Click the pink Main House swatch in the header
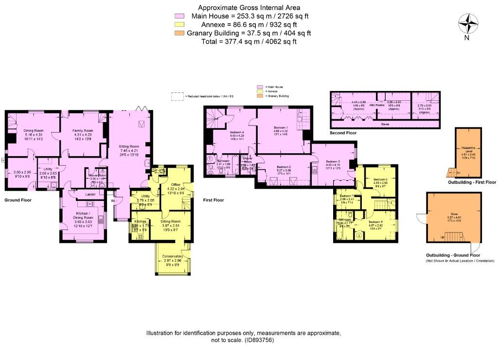(x=182, y=16)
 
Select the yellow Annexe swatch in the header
(x=182, y=24)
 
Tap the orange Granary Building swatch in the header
(x=182, y=33)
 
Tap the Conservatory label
(x=172, y=256)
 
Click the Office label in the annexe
(x=176, y=185)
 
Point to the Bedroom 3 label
(x=333, y=161)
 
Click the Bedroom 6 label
(x=380, y=180)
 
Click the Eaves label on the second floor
(x=385, y=124)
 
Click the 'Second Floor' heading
(x=343, y=133)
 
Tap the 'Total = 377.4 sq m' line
(x=249, y=41)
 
